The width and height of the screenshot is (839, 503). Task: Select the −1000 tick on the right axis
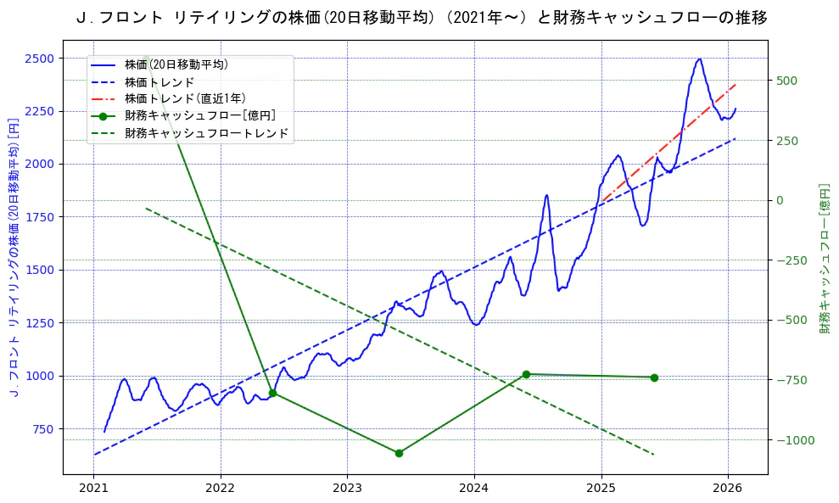[791, 440]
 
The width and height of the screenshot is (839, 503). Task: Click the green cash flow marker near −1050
[399, 453]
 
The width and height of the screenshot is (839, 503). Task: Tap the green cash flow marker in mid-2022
[272, 393]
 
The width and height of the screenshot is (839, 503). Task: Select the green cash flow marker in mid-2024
[526, 374]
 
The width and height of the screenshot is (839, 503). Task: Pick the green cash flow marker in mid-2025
[654, 377]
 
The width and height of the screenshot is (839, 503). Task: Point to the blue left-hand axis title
[13, 259]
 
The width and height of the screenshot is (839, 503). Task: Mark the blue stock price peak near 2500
[699, 59]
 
